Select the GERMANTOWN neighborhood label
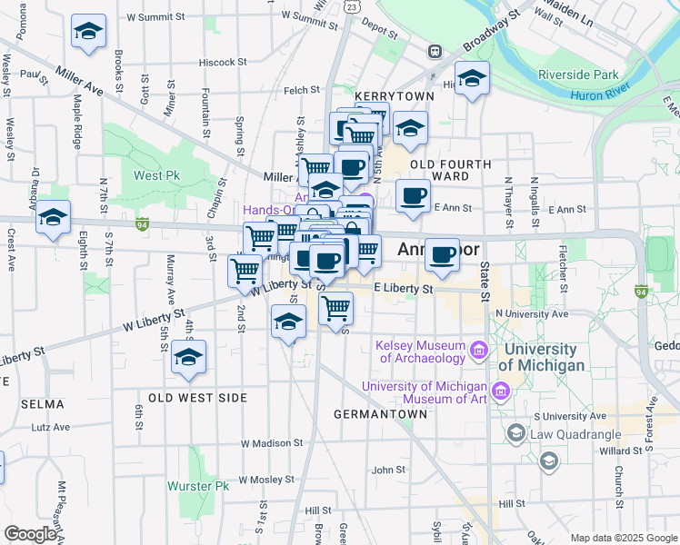pyautogui.click(x=380, y=414)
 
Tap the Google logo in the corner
pyautogui.click(x=29, y=534)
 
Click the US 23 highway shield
pyautogui.click(x=351, y=5)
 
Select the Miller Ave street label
pyautogui.click(x=87, y=80)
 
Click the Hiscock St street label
pyautogui.click(x=224, y=63)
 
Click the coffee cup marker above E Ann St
pyautogui.click(x=413, y=195)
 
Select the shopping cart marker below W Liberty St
pyautogui.click(x=336, y=308)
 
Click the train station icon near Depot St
pyautogui.click(x=435, y=52)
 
